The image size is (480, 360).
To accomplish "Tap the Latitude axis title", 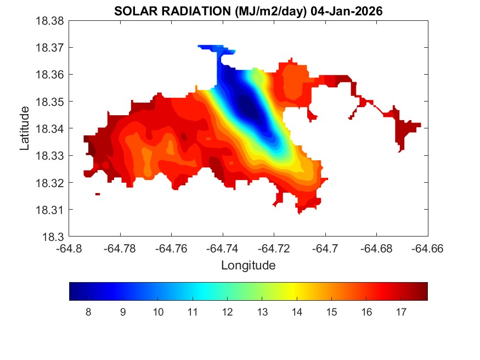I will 25,128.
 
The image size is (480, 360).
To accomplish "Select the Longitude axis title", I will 248,266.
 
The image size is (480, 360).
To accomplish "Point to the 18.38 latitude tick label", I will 50,20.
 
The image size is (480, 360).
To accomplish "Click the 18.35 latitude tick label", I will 50,102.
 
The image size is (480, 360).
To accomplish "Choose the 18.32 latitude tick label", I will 50,183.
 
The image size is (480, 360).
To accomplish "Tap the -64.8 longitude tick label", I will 69,249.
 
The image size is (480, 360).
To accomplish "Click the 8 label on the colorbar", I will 88,312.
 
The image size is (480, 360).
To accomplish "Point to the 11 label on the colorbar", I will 193,312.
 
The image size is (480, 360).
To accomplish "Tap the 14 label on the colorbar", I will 297,312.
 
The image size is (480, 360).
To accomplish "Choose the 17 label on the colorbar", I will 401,312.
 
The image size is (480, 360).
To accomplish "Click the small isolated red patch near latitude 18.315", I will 98,194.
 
